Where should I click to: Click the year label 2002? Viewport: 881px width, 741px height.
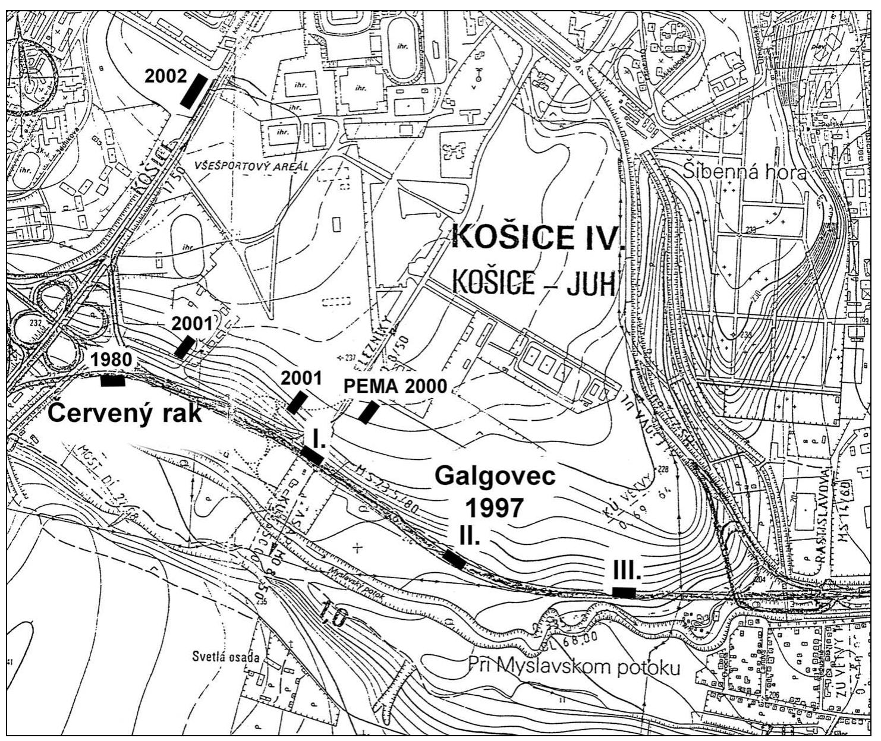pos(165,77)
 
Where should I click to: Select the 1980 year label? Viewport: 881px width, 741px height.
pos(111,360)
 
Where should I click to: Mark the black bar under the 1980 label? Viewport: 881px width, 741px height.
pos(113,381)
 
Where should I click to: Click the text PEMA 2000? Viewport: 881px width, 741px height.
pos(395,386)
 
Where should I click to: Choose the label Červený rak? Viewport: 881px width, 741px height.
pos(124,413)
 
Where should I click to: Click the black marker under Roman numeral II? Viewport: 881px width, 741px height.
pos(454,559)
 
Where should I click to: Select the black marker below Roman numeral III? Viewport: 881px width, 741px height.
pos(624,592)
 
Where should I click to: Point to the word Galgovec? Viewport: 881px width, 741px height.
pos(495,477)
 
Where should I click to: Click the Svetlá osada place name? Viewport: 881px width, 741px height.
pos(226,657)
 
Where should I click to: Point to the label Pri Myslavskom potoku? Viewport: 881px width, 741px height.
pos(574,667)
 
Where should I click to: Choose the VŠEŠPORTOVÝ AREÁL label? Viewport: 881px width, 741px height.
pos(252,166)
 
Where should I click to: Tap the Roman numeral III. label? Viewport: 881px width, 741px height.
pos(627,570)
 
